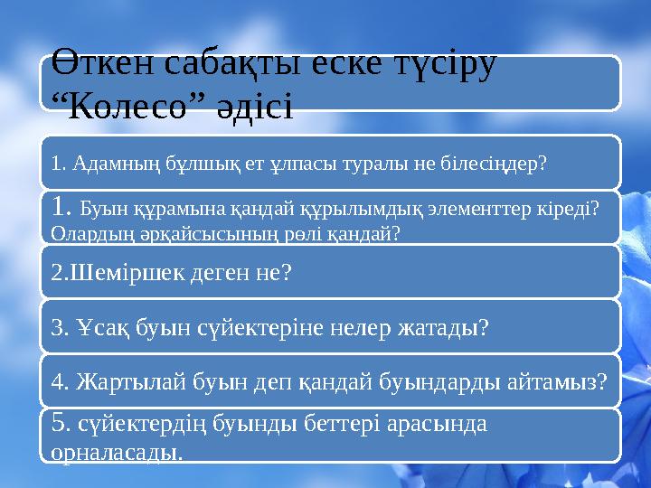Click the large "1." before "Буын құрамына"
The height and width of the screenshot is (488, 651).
[x=62, y=209]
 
